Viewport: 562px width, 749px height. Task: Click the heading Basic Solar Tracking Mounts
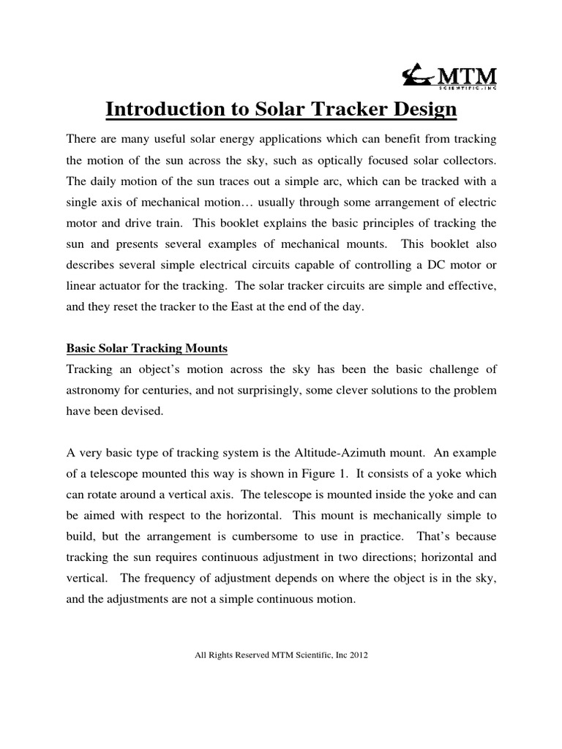point(147,350)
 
